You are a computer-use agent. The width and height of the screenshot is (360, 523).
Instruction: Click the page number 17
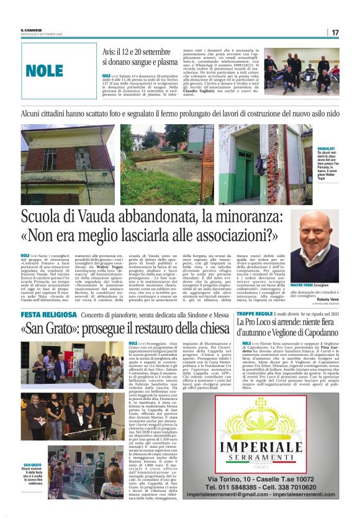[x=335, y=32]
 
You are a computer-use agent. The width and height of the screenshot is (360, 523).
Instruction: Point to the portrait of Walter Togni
[x=315, y=237]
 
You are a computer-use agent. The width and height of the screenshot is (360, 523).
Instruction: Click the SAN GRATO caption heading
[x=33, y=464]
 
